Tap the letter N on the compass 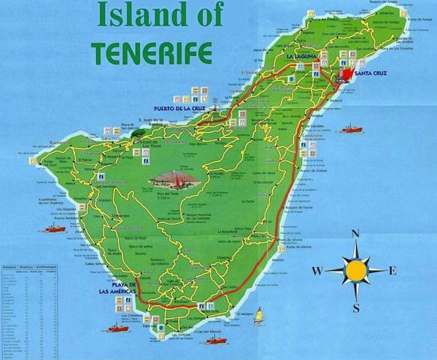[x=355, y=233]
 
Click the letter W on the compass [x=318, y=270]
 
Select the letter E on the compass [x=393, y=270]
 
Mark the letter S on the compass [x=355, y=307]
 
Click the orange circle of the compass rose [x=355, y=269]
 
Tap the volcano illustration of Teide [x=173, y=179]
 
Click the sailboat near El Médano [x=259, y=316]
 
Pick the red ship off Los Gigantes [x=53, y=226]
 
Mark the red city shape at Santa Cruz [x=348, y=75]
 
